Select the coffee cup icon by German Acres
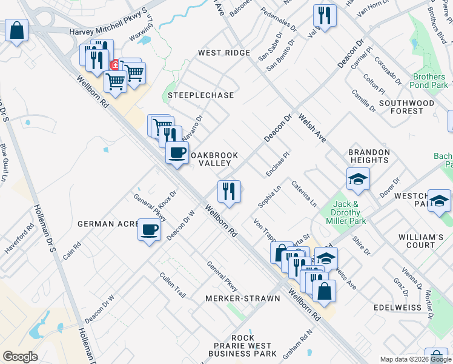point(150,230)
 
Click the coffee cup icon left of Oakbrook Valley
point(177,152)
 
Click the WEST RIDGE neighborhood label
point(224,53)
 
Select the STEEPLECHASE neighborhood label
point(192,96)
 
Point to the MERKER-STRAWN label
point(242,298)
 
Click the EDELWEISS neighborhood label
point(397,308)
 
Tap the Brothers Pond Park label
point(429,81)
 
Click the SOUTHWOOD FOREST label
point(406,107)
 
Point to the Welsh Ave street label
point(312,129)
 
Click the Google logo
point(20,357)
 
